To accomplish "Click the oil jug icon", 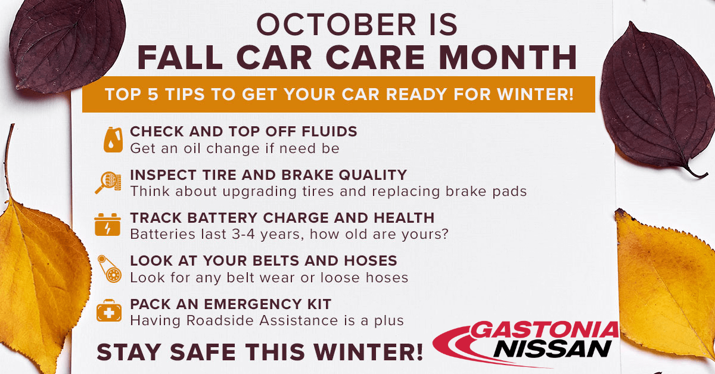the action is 113,140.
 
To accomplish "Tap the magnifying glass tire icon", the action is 108,182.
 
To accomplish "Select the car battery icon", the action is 108,225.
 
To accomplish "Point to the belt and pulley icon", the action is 110,269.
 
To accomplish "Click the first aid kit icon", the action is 109,310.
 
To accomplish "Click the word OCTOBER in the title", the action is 337,24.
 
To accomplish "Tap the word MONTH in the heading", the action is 508,57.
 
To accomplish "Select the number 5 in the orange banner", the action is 153,95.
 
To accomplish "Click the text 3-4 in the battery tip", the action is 243,234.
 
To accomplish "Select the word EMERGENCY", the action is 252,304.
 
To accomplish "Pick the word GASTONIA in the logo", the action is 544,330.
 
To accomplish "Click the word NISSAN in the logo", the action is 552,349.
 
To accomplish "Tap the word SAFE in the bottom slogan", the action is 203,353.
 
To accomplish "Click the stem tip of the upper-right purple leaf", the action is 707,175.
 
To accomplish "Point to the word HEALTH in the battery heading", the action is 404,218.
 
